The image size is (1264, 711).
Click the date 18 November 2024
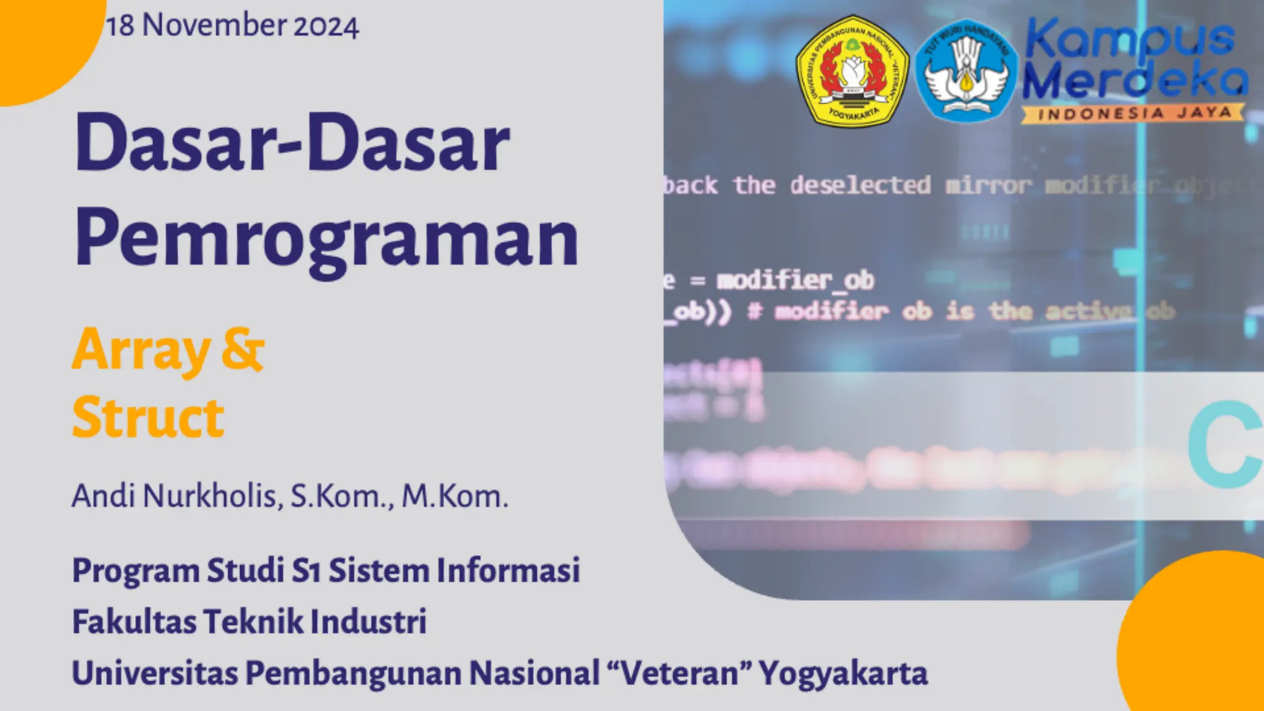(x=233, y=26)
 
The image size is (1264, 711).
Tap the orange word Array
(x=141, y=350)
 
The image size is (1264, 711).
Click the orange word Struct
(x=148, y=418)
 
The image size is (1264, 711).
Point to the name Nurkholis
(x=213, y=496)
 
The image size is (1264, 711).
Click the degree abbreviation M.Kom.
(x=455, y=496)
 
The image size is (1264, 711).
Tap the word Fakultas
(x=134, y=621)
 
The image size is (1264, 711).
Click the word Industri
(x=368, y=621)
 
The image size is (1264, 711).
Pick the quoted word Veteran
(x=680, y=673)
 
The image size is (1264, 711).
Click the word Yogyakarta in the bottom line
(x=842, y=673)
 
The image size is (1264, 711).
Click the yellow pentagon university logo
(x=852, y=71)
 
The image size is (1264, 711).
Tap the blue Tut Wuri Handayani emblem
(x=965, y=70)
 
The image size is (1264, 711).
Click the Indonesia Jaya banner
(x=1133, y=114)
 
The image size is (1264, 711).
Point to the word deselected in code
(x=860, y=185)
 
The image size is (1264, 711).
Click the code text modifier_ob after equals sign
(x=795, y=281)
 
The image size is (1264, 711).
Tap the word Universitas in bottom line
(x=155, y=673)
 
